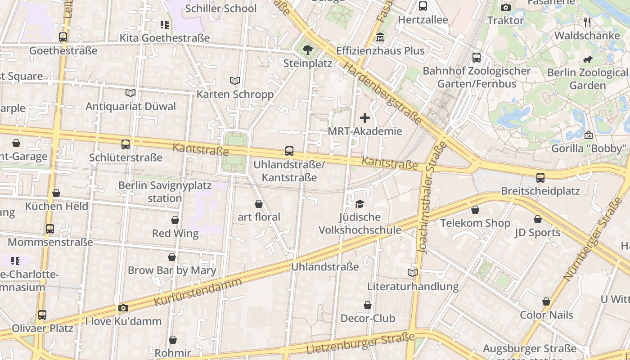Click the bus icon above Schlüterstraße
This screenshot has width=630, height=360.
(126, 144)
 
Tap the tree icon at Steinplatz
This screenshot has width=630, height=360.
(308, 49)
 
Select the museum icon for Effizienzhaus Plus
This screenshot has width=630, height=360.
(380, 37)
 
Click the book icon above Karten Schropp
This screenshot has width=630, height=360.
(235, 81)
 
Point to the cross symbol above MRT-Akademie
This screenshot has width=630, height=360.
(365, 118)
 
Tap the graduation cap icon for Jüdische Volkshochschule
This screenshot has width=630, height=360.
(360, 204)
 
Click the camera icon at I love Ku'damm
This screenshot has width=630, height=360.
(123, 308)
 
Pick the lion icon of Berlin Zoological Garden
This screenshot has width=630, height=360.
(587, 59)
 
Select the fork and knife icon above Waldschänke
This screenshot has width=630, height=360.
(587, 22)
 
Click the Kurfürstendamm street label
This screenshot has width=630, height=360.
(198, 292)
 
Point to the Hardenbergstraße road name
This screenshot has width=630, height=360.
(382, 93)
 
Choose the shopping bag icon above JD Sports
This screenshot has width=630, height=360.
(538, 219)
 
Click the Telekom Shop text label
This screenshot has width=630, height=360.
(475, 223)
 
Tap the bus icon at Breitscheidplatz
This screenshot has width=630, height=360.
(540, 178)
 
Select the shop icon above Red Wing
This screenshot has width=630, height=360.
(175, 220)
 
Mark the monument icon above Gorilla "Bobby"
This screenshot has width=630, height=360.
(588, 135)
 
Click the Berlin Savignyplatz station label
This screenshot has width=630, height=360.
(150, 192)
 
